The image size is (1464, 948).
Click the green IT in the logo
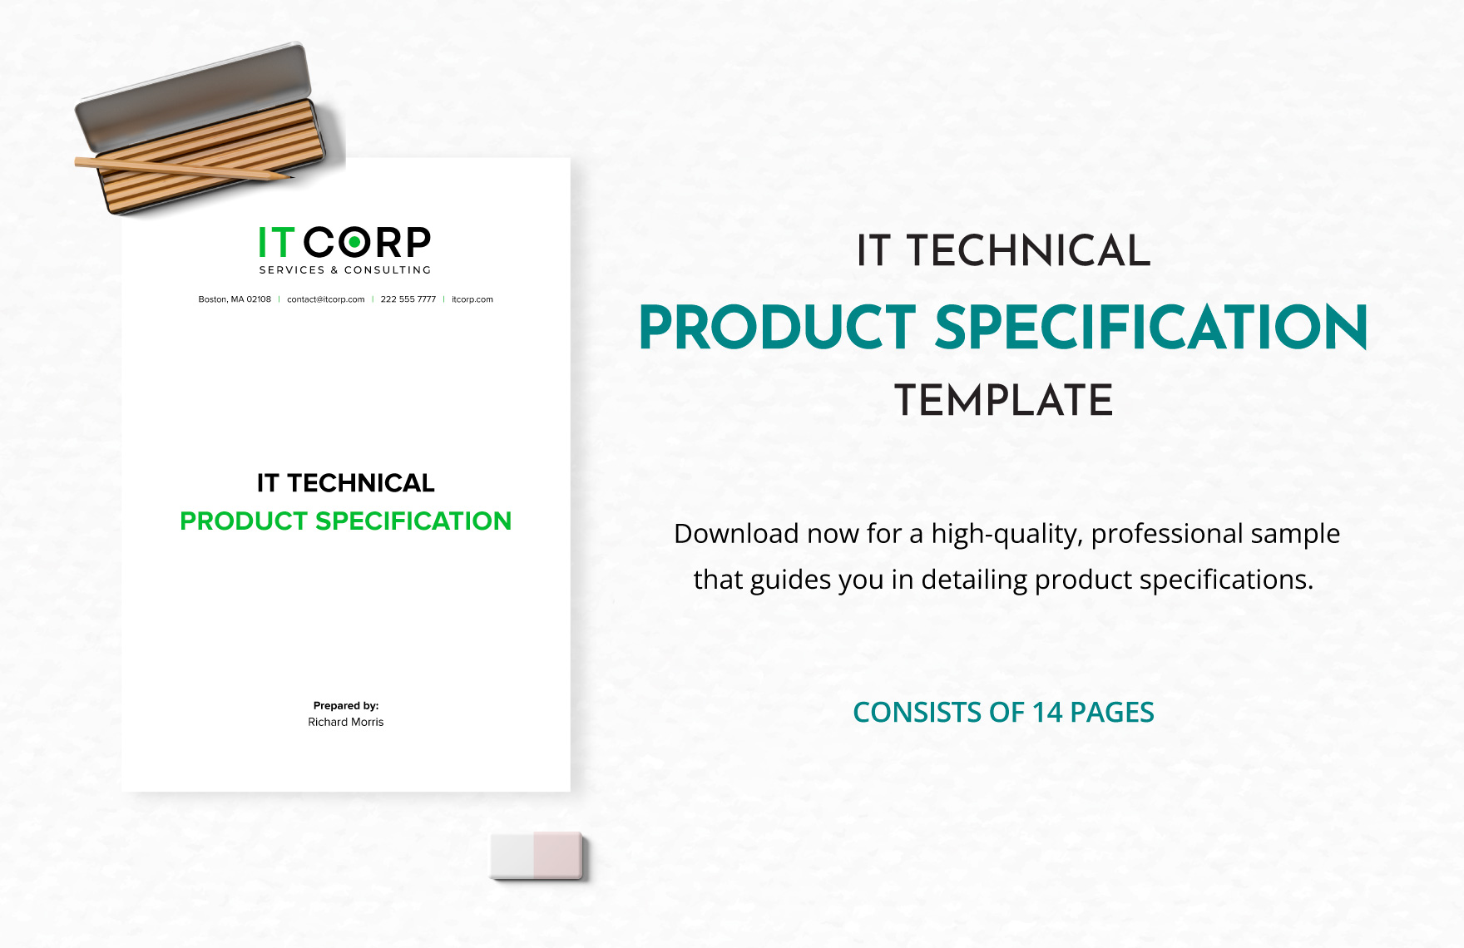276,243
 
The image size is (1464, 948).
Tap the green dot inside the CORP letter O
355,243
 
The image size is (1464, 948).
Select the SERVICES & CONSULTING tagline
345,270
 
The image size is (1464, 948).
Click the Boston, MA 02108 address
235,299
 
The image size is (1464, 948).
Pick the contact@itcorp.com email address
325,299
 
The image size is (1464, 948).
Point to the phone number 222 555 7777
408,299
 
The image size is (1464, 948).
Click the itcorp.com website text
472,299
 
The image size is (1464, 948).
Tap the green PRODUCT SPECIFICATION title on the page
345,521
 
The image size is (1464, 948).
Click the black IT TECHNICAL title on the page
345,483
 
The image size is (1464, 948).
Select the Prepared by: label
345,706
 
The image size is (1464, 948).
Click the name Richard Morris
345,723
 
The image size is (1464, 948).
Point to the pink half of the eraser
557,855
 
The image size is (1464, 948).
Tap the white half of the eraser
512,855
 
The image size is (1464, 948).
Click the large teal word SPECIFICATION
1151,328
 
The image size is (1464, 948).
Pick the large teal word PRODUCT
777,328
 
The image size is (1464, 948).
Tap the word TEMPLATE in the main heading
1003,401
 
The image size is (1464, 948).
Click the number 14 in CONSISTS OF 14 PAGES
1047,713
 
